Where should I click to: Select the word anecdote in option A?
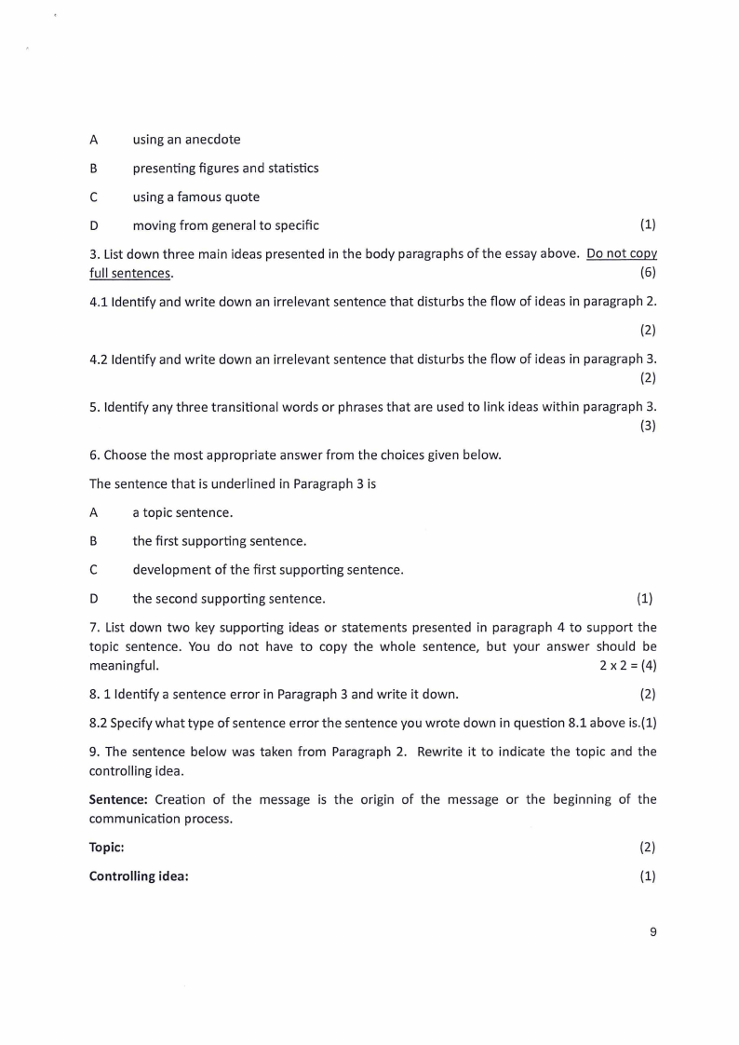coord(209,140)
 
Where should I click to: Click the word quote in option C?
coord(241,197)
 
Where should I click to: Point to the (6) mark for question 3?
coord(649,273)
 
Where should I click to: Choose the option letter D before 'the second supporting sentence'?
coord(94,599)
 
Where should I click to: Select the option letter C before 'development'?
coord(94,570)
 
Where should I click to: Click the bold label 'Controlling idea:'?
coord(139,876)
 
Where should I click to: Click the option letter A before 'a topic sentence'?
coord(94,513)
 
